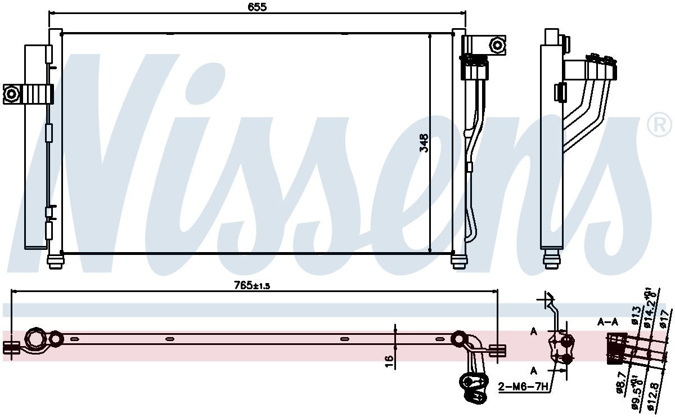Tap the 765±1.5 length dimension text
(x=252, y=285)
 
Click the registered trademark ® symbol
(x=660, y=125)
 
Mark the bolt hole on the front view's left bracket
(x=11, y=93)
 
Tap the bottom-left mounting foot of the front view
(x=56, y=262)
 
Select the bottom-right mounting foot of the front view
(x=459, y=262)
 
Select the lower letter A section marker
(x=533, y=370)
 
